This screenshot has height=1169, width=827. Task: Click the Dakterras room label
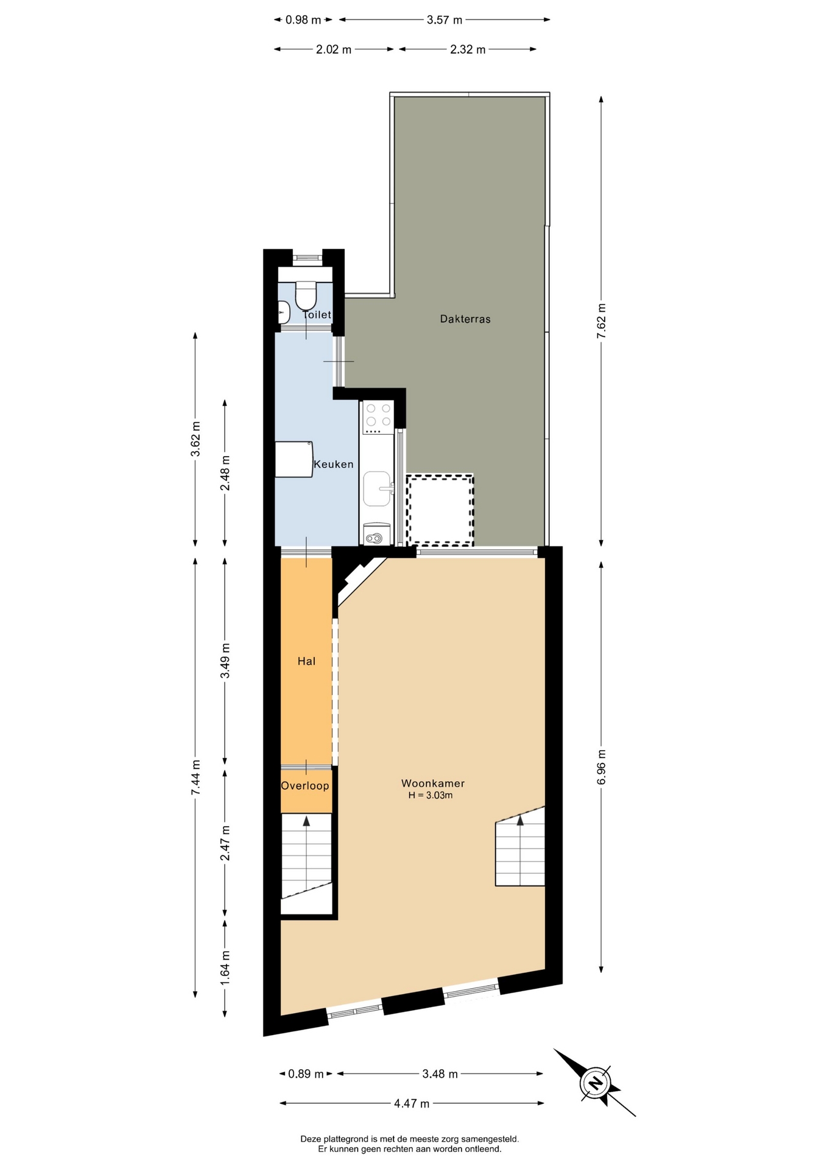point(465,319)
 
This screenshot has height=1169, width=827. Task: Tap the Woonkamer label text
point(433,784)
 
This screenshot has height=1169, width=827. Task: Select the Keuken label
point(333,465)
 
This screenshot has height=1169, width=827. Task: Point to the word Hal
point(306,661)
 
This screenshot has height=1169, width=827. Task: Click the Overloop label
point(305,786)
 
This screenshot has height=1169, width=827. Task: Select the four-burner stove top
point(377,417)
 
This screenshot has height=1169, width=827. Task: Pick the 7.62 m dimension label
point(602,321)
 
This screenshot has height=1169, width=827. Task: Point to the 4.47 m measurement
point(412,1103)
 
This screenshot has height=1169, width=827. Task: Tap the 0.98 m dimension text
point(303,20)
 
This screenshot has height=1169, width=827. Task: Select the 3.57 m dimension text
point(445,20)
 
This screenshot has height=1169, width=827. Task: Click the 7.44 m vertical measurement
point(195,777)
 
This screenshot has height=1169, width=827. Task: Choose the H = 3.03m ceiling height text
point(431,796)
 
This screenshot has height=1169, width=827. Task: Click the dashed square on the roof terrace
point(440,510)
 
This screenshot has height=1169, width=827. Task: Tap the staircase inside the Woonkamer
point(520,846)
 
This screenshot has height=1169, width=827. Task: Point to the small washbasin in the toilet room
point(283,313)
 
